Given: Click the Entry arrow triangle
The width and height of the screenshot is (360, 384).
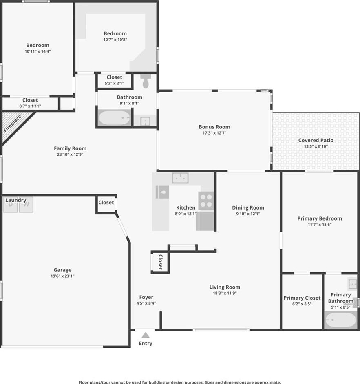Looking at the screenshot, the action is click(x=146, y=335).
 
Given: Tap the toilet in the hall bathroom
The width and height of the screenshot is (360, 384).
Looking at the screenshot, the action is click(x=146, y=81).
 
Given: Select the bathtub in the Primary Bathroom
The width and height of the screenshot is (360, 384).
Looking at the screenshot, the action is click(x=340, y=320).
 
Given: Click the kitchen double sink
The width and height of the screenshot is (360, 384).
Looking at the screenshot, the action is click(x=180, y=178).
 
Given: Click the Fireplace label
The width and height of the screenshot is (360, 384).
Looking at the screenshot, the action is click(x=13, y=124).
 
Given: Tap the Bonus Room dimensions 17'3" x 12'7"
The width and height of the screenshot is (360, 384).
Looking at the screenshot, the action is click(x=214, y=133).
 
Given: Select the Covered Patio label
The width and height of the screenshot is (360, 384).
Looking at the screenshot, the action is click(x=316, y=140).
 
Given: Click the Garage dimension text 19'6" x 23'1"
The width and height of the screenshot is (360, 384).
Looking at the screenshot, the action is click(x=62, y=276).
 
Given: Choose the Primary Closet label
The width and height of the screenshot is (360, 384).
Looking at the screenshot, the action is click(x=302, y=298).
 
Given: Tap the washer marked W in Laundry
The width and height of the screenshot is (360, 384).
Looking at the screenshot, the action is click(x=26, y=205).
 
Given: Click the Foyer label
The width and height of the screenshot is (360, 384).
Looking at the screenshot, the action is click(x=146, y=297).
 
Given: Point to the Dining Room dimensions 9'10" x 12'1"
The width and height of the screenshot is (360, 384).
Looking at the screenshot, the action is click(x=248, y=214).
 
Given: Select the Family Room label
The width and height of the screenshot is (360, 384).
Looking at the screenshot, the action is click(x=70, y=148).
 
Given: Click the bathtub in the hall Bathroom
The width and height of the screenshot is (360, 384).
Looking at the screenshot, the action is click(x=114, y=118).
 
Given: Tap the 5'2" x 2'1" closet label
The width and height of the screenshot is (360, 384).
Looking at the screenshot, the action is click(x=115, y=83).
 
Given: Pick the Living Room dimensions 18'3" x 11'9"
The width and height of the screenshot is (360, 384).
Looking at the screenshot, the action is click(x=225, y=293).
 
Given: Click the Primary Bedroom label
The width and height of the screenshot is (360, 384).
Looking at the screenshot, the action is click(x=320, y=218).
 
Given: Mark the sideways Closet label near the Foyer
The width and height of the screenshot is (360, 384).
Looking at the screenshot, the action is click(x=160, y=262).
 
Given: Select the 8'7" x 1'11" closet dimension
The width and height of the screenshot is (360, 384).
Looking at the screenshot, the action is click(x=30, y=106).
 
